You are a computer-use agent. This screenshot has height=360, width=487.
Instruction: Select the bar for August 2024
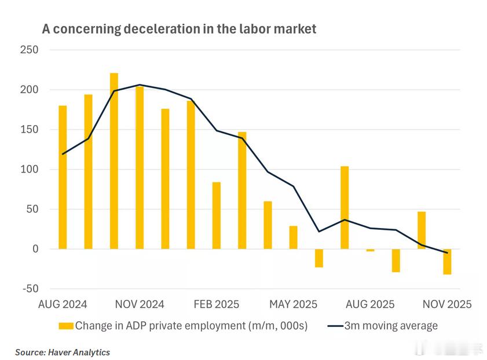pyautogui.click(x=63, y=177)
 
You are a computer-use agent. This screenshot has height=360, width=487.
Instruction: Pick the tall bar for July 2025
pyautogui.click(x=345, y=207)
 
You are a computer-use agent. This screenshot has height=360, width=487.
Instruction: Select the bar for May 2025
pyautogui.click(x=293, y=237)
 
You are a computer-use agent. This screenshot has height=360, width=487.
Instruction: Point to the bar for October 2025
pyautogui.click(x=422, y=230)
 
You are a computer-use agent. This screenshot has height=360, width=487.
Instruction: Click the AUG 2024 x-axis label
pyautogui.click(x=63, y=304)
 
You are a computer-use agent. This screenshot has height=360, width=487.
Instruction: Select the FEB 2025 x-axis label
pyautogui.click(x=217, y=304)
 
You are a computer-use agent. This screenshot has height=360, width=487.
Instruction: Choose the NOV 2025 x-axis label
pyautogui.click(x=447, y=304)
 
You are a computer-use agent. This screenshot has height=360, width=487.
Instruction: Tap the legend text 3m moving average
pyautogui.click(x=391, y=326)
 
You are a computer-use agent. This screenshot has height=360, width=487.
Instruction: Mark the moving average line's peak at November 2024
pyautogui.click(x=140, y=85)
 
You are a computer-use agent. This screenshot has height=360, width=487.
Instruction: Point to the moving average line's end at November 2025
pyautogui.click(x=447, y=253)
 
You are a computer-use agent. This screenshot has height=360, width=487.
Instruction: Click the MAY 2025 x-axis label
pyautogui.click(x=293, y=304)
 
